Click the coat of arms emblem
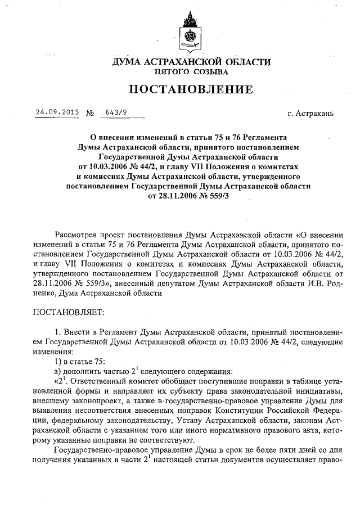[x=187, y=33]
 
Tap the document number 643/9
[x=116, y=112]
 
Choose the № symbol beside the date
[x=90, y=112]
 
